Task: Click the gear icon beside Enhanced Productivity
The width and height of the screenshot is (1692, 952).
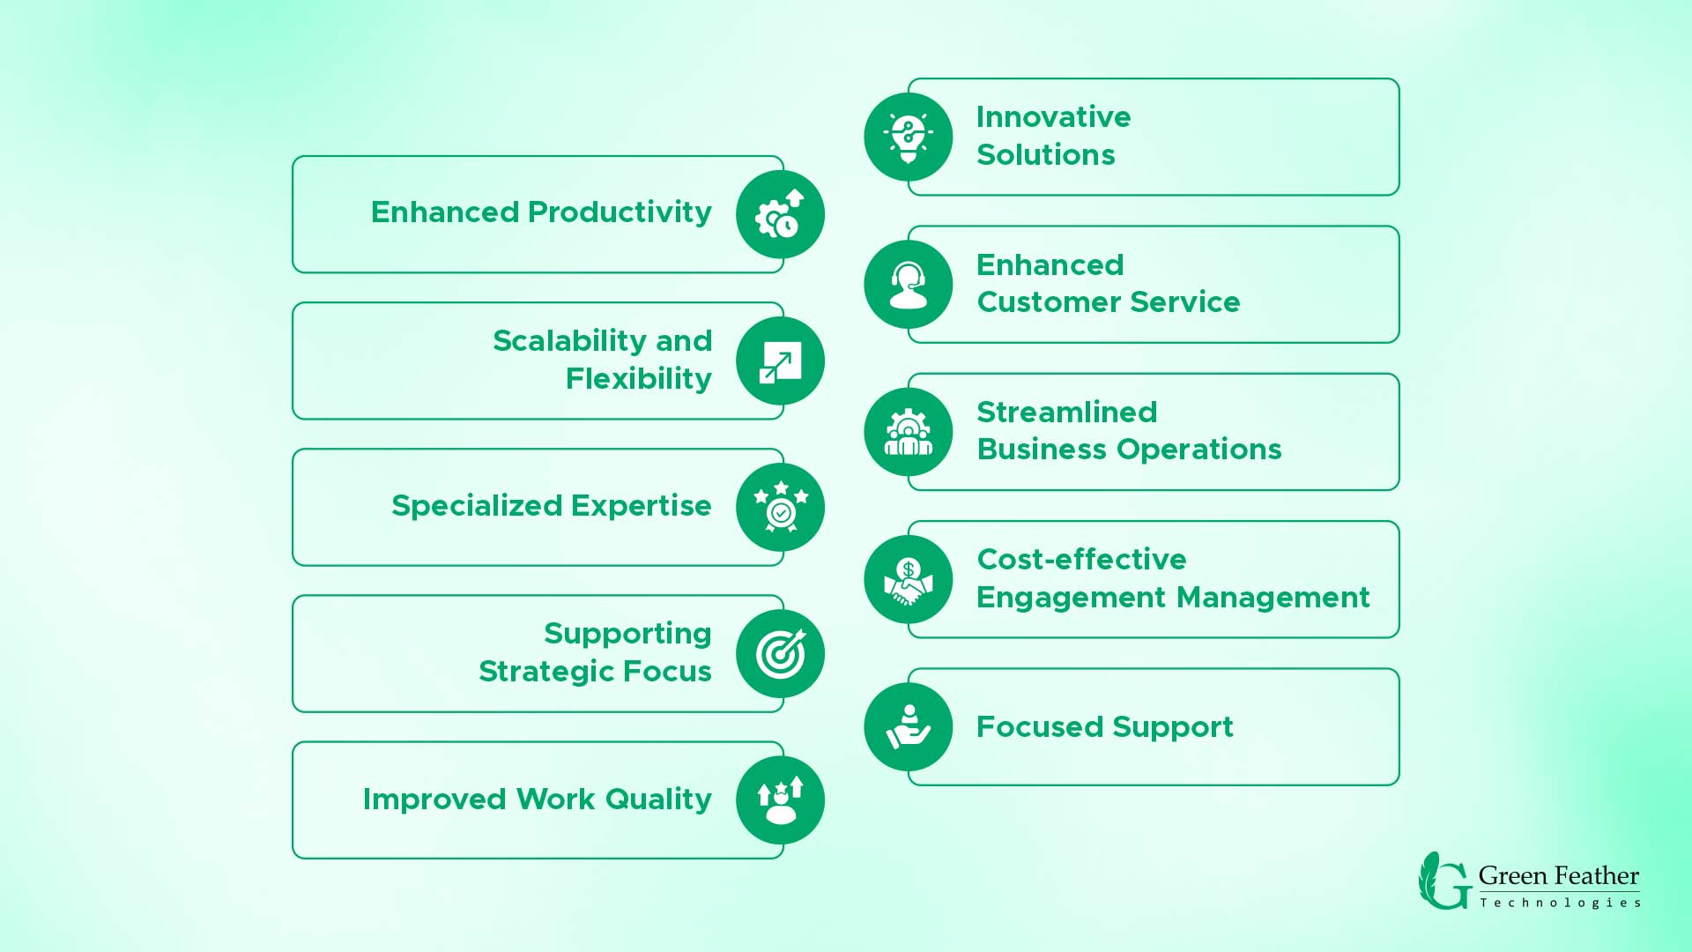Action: [x=780, y=214]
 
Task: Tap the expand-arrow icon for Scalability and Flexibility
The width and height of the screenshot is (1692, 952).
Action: [x=780, y=361]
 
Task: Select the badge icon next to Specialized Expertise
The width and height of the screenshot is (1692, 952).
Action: [x=780, y=508]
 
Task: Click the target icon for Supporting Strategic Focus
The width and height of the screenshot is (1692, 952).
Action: [x=780, y=654]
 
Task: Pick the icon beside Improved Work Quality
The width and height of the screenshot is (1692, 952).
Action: [x=780, y=800]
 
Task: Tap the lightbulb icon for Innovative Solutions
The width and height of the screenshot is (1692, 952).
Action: [x=909, y=138]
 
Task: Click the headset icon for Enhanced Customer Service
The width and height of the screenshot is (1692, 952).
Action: [x=909, y=285]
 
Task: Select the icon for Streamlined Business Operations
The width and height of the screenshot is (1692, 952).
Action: [x=909, y=432]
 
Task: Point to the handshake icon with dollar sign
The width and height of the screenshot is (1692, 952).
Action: [x=909, y=579]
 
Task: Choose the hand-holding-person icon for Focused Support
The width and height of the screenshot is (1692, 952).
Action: [x=909, y=727]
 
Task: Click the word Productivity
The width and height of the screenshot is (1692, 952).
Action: [x=620, y=213]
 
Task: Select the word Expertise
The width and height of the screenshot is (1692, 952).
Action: [x=641, y=506]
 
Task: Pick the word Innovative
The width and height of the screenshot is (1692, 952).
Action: [x=1054, y=117]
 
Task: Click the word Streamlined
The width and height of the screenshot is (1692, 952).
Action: [x=1067, y=412]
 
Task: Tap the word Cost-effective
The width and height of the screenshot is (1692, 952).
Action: [x=1082, y=559]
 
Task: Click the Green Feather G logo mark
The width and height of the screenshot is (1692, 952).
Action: [x=1444, y=880]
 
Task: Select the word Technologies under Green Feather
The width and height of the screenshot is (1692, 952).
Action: [x=1560, y=903]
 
